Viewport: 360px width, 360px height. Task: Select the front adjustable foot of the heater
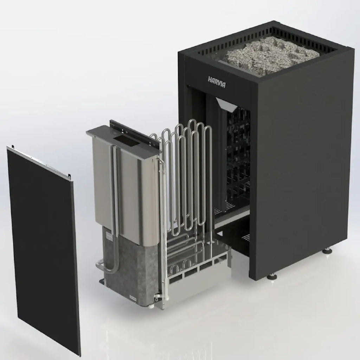pyautogui.click(x=272, y=276)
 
